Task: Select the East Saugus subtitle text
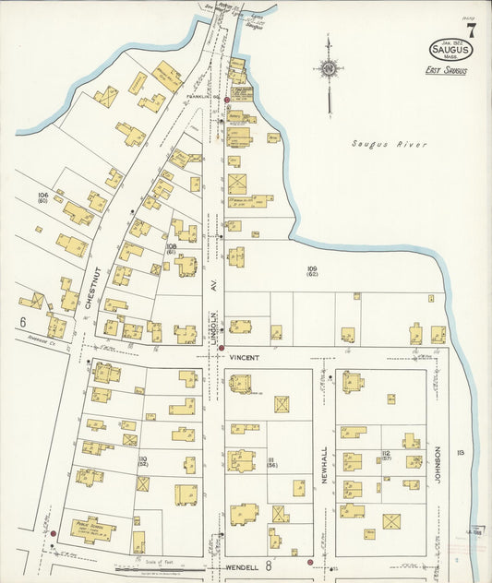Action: coord(446,71)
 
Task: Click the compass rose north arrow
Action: coord(328,67)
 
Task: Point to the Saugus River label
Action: coord(382,144)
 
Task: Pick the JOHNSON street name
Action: coord(438,466)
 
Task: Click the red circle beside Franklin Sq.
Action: coord(226,96)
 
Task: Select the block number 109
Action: coord(311,269)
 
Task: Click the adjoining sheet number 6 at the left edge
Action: coord(20,322)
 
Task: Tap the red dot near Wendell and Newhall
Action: coord(310,562)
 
